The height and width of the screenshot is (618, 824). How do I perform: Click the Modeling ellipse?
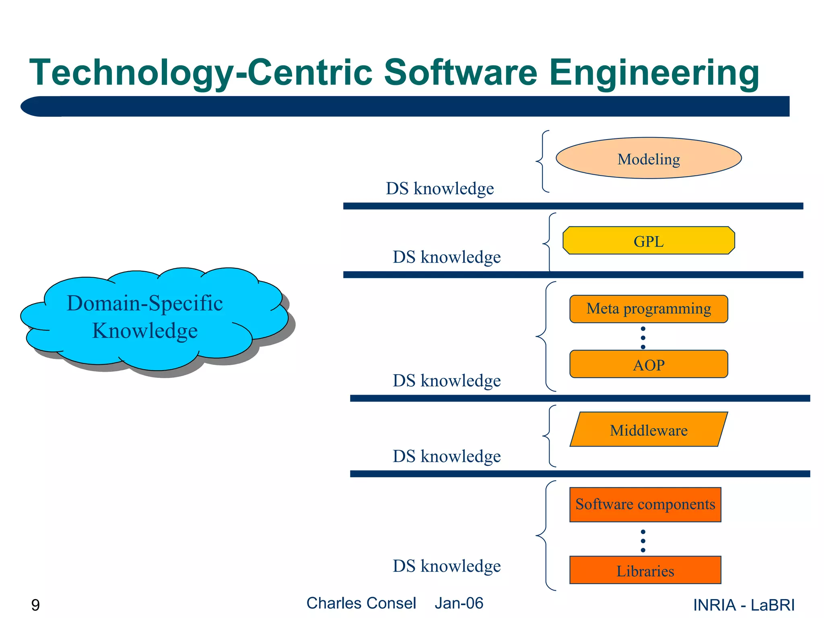tap(648, 158)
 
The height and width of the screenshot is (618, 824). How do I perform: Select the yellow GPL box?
tap(648, 241)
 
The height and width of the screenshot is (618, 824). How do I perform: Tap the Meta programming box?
tap(648, 309)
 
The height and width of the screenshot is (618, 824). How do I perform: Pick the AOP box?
tap(648, 364)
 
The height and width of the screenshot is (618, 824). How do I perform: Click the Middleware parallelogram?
tap(648, 430)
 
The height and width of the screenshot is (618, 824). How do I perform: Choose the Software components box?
tap(645, 505)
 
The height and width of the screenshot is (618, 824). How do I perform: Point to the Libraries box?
tap(645, 570)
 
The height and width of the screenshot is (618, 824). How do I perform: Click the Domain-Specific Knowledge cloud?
tap(145, 318)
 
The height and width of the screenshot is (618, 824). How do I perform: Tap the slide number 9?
tap(35, 605)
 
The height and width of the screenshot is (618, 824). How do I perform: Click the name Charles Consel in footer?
tap(361, 603)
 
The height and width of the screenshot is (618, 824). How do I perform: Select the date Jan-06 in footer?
tap(459, 603)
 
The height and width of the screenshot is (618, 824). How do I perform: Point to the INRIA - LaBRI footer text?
tap(744, 605)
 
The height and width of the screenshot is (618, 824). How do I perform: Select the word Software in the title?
tap(460, 72)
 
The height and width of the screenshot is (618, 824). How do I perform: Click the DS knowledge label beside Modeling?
tap(440, 188)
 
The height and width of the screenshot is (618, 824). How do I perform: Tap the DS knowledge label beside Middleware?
tap(447, 456)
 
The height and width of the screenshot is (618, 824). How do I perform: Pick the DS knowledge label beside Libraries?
tap(447, 566)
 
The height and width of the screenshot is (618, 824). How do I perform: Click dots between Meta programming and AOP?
tap(643, 338)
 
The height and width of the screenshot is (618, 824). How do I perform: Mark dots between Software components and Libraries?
tap(643, 541)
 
